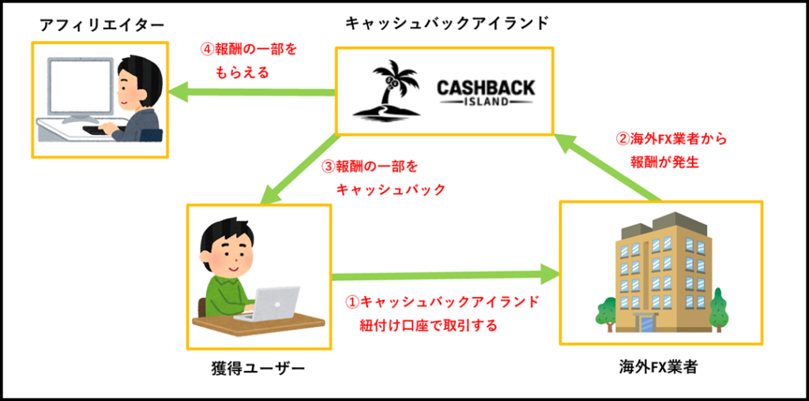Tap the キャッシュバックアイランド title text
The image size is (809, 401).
tap(446, 23)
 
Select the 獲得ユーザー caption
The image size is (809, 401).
tap(258, 369)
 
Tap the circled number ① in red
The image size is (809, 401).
tap(353, 302)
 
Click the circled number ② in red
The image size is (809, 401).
tap(623, 139)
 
